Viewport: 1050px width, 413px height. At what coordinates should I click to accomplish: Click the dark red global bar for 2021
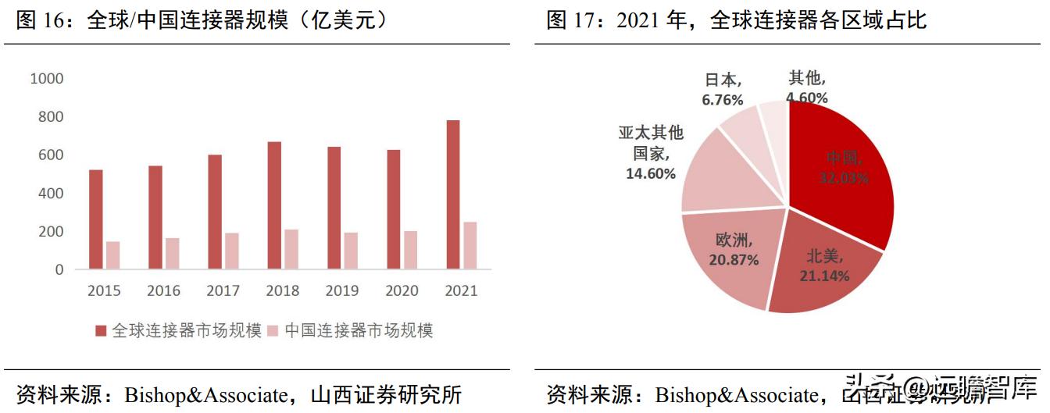click(x=453, y=194)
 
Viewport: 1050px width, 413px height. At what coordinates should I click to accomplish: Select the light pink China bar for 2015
click(x=113, y=255)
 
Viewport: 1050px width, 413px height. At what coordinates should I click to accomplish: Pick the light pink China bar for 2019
click(x=352, y=251)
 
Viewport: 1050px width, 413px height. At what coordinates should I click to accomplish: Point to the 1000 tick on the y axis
click(x=46, y=79)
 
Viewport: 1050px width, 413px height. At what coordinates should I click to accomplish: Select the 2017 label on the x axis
click(x=223, y=291)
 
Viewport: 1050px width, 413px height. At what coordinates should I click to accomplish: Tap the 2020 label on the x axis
click(x=402, y=291)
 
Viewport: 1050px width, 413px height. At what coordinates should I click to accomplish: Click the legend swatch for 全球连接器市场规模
click(x=102, y=331)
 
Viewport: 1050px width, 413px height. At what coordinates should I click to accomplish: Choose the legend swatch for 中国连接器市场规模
click(x=273, y=331)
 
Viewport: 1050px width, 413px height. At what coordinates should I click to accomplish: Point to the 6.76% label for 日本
click(x=722, y=100)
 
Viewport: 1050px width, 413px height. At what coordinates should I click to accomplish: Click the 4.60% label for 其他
click(x=806, y=98)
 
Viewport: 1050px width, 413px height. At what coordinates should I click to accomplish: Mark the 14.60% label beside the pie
click(x=650, y=173)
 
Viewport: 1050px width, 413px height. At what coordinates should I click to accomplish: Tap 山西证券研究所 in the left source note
click(x=386, y=393)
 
